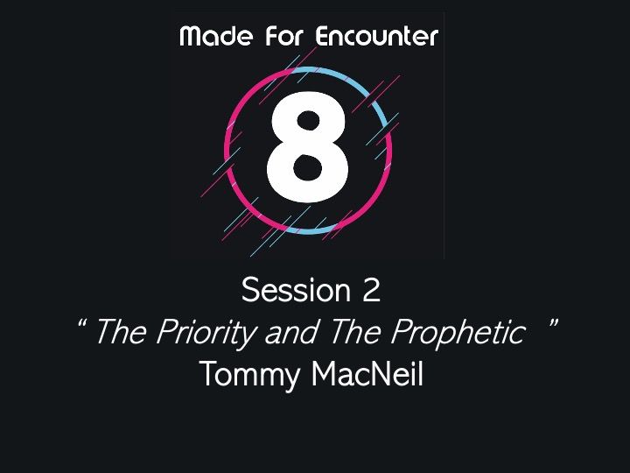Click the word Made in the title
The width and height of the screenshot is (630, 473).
217,36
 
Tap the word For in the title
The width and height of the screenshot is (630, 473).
284,36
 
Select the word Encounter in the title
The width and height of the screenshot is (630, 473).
376,36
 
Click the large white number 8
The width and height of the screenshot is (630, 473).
308,147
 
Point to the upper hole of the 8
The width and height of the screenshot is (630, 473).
308,120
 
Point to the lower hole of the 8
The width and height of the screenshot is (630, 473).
308,167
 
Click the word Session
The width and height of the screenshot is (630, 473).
296,290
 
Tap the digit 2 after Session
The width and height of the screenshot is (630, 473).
371,290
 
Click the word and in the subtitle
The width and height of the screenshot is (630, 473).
292,332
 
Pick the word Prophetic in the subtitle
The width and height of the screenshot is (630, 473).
458,332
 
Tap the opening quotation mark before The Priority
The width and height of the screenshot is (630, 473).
82,323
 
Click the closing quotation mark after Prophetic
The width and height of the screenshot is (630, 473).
552,323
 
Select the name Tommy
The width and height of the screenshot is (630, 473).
249,375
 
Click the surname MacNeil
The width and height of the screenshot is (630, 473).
367,374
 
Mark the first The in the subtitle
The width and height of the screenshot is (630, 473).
121,332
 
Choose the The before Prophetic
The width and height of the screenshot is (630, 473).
355,332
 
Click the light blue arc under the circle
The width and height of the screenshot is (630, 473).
310,231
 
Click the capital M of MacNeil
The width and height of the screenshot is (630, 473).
324,374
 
